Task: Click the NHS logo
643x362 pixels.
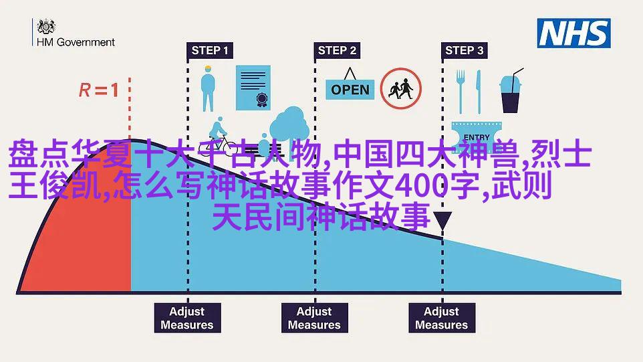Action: click(x=573, y=33)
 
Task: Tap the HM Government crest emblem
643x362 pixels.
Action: click(x=46, y=26)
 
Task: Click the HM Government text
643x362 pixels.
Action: click(x=76, y=42)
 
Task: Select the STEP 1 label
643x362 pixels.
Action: click(x=210, y=50)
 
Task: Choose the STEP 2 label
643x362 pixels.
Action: click(x=337, y=50)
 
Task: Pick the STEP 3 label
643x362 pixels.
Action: click(x=465, y=50)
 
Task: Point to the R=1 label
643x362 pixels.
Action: click(x=99, y=90)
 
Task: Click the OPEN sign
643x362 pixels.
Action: click(x=350, y=85)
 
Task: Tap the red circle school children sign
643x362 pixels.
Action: click(x=400, y=88)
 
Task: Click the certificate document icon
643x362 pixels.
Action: click(x=253, y=88)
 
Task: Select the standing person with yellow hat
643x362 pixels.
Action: click(x=208, y=88)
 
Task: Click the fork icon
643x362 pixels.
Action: click(x=461, y=92)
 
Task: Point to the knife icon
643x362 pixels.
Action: click(x=479, y=92)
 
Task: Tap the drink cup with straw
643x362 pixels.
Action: click(x=511, y=91)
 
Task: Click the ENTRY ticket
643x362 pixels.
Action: click(x=477, y=135)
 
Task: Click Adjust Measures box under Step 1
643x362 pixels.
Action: click(x=187, y=318)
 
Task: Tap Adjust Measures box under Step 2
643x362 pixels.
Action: click(x=315, y=318)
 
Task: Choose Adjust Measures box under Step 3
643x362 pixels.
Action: click(x=442, y=318)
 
